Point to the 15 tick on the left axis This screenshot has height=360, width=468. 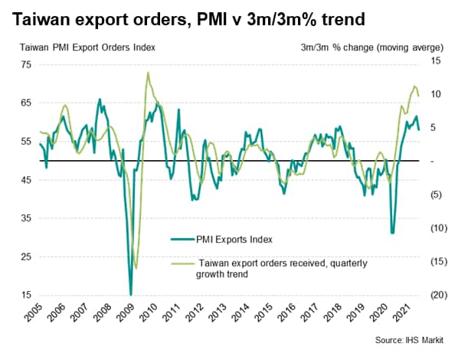[25, 295]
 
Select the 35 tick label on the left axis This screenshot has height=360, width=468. [25, 218]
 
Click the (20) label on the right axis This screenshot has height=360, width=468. [439, 295]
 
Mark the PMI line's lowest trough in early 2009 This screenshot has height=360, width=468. [130, 294]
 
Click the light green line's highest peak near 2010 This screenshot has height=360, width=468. [147, 73]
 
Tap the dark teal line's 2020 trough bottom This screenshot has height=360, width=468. [392, 233]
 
